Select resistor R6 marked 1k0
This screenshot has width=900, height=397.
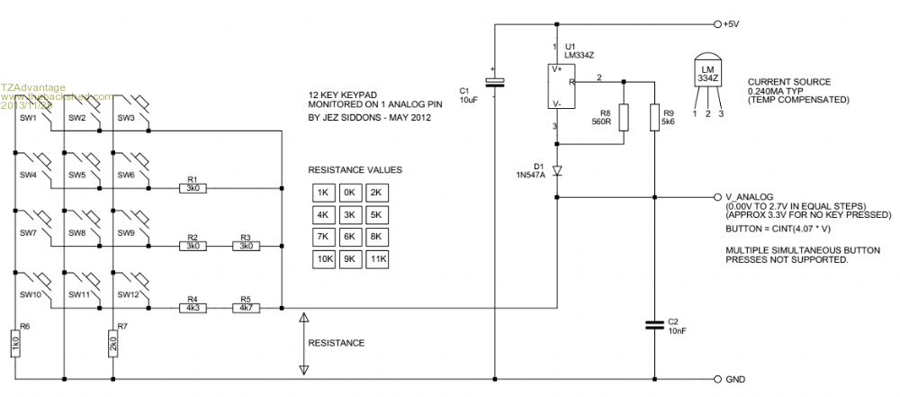coord(15,342)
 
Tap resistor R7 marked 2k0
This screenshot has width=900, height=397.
coord(113,342)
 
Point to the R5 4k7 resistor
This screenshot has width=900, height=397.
coord(246,308)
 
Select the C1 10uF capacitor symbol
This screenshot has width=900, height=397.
coord(495,83)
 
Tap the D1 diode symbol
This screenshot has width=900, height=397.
coord(558,169)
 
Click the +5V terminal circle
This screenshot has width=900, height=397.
coord(716,24)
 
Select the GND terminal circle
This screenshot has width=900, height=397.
coord(716,379)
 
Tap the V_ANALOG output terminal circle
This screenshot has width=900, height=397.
coord(716,195)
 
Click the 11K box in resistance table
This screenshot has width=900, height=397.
coord(377,259)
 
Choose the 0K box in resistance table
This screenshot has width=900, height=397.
coord(349,192)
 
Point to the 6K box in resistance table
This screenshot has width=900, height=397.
coord(349,237)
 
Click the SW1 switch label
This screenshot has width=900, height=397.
coord(28,118)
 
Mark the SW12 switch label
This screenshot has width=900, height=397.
coord(128,294)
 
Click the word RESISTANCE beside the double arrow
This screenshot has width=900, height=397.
coord(336,343)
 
